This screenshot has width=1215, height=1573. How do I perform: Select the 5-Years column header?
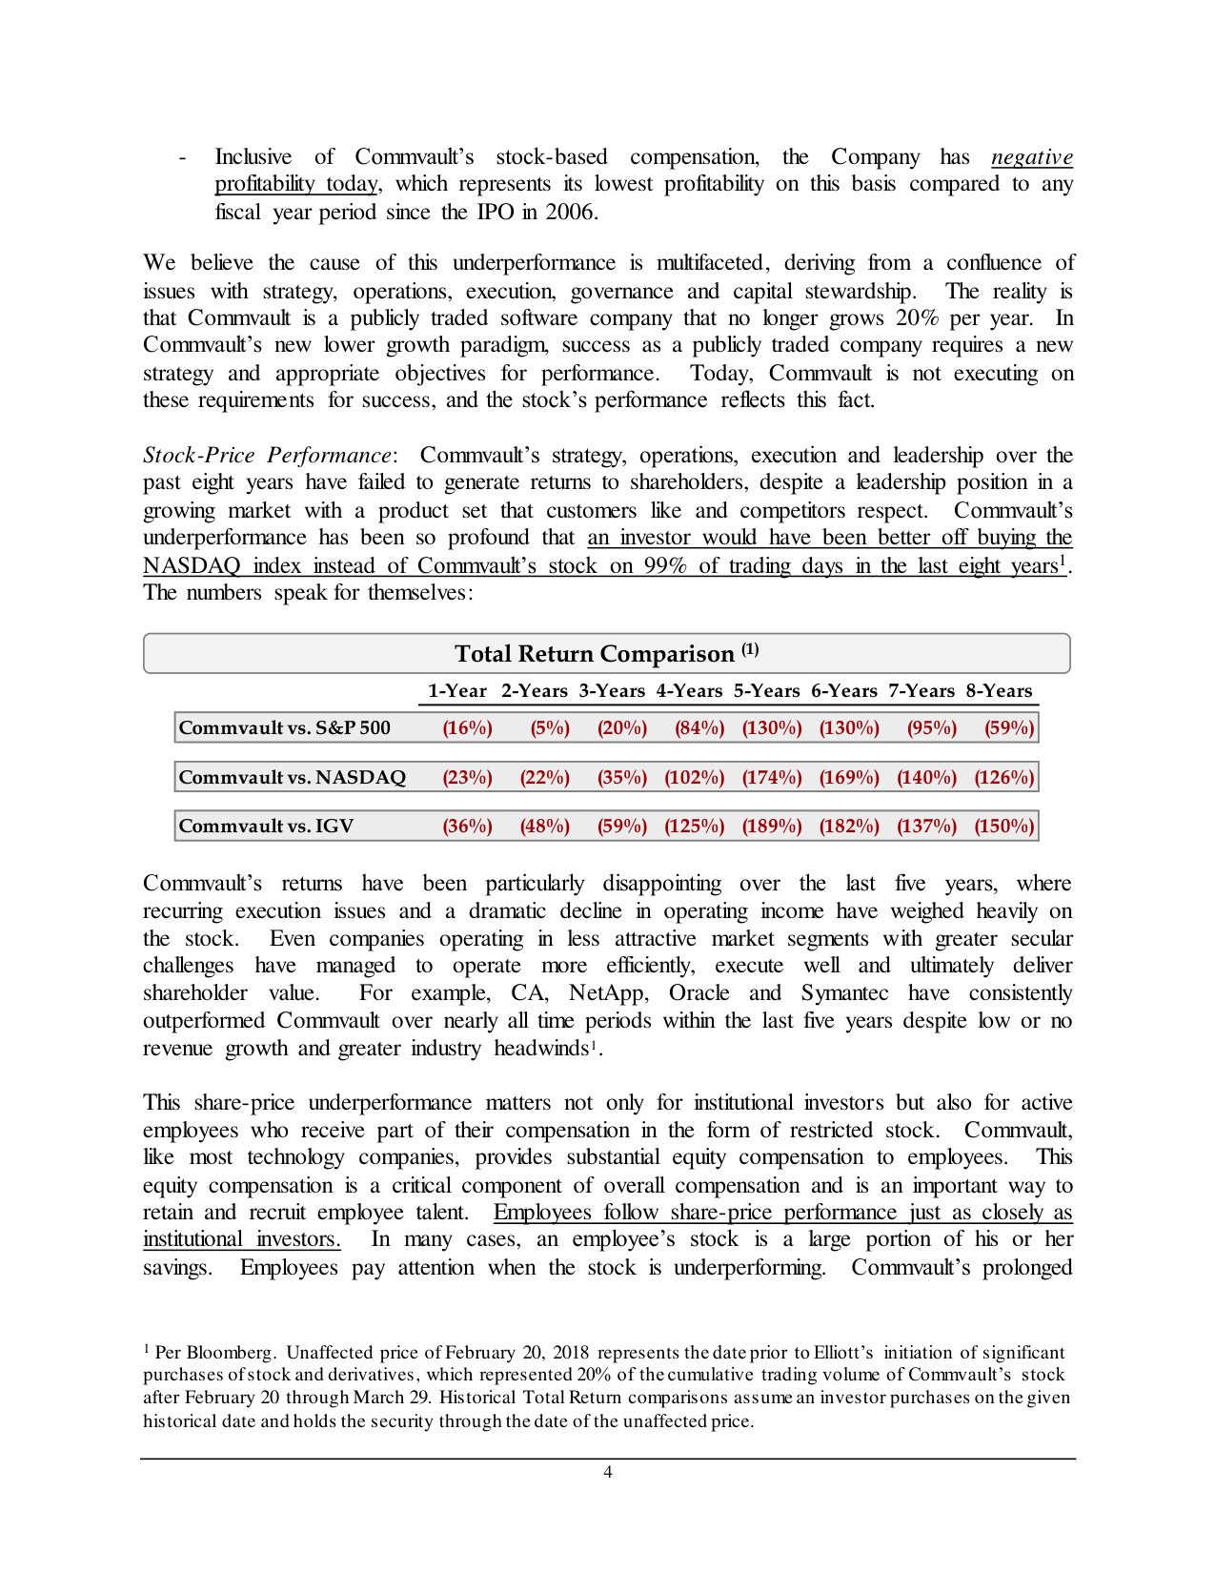pyautogui.click(x=766, y=691)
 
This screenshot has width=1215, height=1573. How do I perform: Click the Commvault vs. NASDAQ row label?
pyautogui.click(x=292, y=777)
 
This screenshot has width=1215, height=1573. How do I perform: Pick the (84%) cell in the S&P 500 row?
pyautogui.click(x=699, y=728)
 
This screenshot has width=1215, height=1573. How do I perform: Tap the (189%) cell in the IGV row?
pyautogui.click(x=771, y=827)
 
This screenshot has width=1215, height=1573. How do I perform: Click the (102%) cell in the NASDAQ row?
pyautogui.click(x=694, y=777)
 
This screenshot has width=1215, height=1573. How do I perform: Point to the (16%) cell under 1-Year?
pyautogui.click(x=467, y=728)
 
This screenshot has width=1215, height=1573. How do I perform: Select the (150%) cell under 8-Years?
pyautogui.click(x=1003, y=827)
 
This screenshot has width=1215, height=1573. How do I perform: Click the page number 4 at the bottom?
pyautogui.click(x=608, y=1472)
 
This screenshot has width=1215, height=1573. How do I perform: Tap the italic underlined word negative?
pyautogui.click(x=1031, y=157)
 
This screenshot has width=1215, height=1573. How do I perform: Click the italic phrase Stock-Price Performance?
pyautogui.click(x=267, y=455)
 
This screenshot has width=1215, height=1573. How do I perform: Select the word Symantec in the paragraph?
pyautogui.click(x=844, y=993)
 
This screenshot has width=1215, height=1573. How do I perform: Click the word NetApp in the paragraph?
pyautogui.click(x=608, y=993)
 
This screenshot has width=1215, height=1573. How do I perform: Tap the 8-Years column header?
pyautogui.click(x=999, y=691)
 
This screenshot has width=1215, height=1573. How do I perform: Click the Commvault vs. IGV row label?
pyautogui.click(x=266, y=827)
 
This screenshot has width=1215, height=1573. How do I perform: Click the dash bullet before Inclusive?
pyautogui.click(x=182, y=157)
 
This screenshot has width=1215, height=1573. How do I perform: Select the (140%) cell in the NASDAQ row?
pyautogui.click(x=925, y=777)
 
